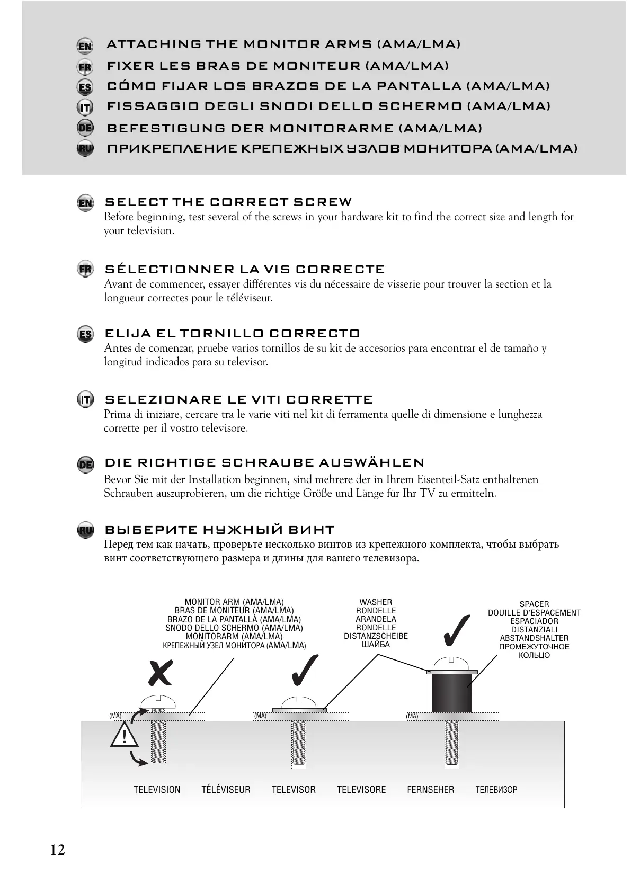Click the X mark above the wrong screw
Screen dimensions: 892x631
click(160, 673)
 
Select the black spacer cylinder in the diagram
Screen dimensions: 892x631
click(451, 693)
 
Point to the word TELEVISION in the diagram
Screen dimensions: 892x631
click(157, 790)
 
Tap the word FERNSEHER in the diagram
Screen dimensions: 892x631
click(430, 790)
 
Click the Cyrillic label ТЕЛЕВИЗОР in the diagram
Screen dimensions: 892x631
click(496, 790)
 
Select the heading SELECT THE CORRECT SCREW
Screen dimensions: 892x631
click(228, 202)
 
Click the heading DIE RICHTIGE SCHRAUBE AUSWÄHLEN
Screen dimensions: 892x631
click(264, 463)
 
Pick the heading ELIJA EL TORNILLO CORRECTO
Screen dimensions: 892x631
click(233, 334)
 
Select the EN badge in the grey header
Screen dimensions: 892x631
click(85, 46)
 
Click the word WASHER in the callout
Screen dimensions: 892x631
click(376, 602)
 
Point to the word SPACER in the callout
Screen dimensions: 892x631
click(534, 604)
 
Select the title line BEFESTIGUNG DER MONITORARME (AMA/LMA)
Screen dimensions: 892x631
click(295, 129)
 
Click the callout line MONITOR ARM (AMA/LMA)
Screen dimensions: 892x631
click(234, 602)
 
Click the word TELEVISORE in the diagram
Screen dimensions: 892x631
click(361, 790)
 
